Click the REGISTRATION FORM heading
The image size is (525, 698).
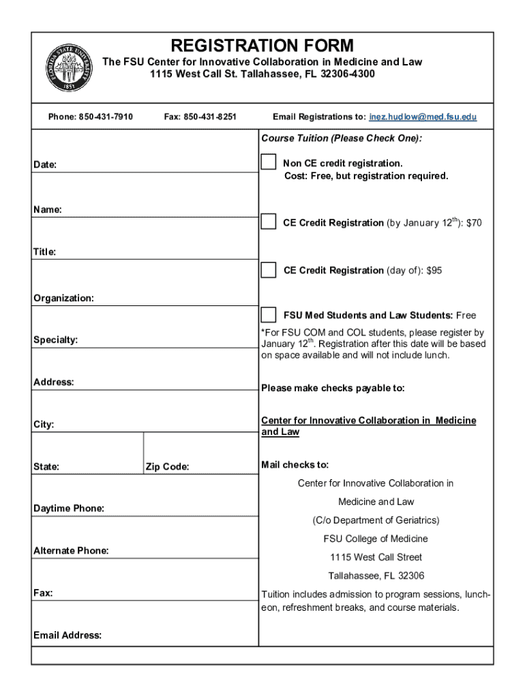262,46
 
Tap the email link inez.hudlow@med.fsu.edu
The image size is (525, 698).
423,117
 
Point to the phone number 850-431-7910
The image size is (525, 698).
106,117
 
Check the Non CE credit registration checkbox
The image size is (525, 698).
269,162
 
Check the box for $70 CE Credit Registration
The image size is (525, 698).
269,222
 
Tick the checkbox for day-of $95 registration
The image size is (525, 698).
269,270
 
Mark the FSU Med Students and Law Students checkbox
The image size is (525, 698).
269,315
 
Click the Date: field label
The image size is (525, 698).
45,165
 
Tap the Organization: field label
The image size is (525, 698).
63,299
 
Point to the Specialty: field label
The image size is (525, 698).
55,339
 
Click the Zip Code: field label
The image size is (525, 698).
167,467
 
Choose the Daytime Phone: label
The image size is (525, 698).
69,509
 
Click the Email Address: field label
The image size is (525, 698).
67,635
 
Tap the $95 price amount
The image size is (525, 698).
434,271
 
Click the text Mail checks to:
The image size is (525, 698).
295,465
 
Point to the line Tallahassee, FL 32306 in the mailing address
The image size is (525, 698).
376,575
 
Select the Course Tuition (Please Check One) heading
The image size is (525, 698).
342,138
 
